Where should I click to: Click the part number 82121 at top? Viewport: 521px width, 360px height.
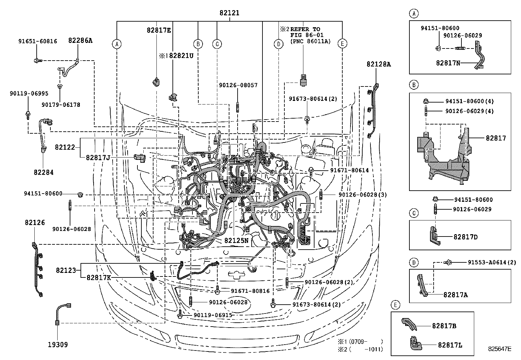click(x=229, y=13)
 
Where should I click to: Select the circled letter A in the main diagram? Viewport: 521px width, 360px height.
click(x=117, y=44)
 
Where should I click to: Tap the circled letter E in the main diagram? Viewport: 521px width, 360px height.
click(x=342, y=44)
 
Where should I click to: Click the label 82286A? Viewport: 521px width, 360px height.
click(x=80, y=40)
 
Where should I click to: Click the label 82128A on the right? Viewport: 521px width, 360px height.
click(x=379, y=64)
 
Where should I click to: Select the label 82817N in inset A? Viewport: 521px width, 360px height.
click(x=448, y=63)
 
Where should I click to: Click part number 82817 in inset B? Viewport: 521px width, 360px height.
click(x=496, y=138)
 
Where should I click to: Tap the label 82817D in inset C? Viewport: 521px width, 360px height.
click(x=465, y=237)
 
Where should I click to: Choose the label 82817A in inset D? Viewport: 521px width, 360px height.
click(x=456, y=294)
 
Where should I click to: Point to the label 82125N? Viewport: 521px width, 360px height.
click(x=236, y=240)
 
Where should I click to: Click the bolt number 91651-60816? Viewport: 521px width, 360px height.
click(x=37, y=41)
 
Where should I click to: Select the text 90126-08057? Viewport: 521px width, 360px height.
click(x=238, y=85)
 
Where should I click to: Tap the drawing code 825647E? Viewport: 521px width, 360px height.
click(x=499, y=349)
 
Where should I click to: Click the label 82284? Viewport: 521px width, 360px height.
click(x=43, y=172)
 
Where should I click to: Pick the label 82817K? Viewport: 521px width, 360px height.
click(x=99, y=277)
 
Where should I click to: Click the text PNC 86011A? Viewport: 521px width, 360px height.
click(x=310, y=41)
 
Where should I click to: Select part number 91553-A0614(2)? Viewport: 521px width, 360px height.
click(x=491, y=262)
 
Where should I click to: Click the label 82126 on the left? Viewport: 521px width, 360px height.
click(x=34, y=222)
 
